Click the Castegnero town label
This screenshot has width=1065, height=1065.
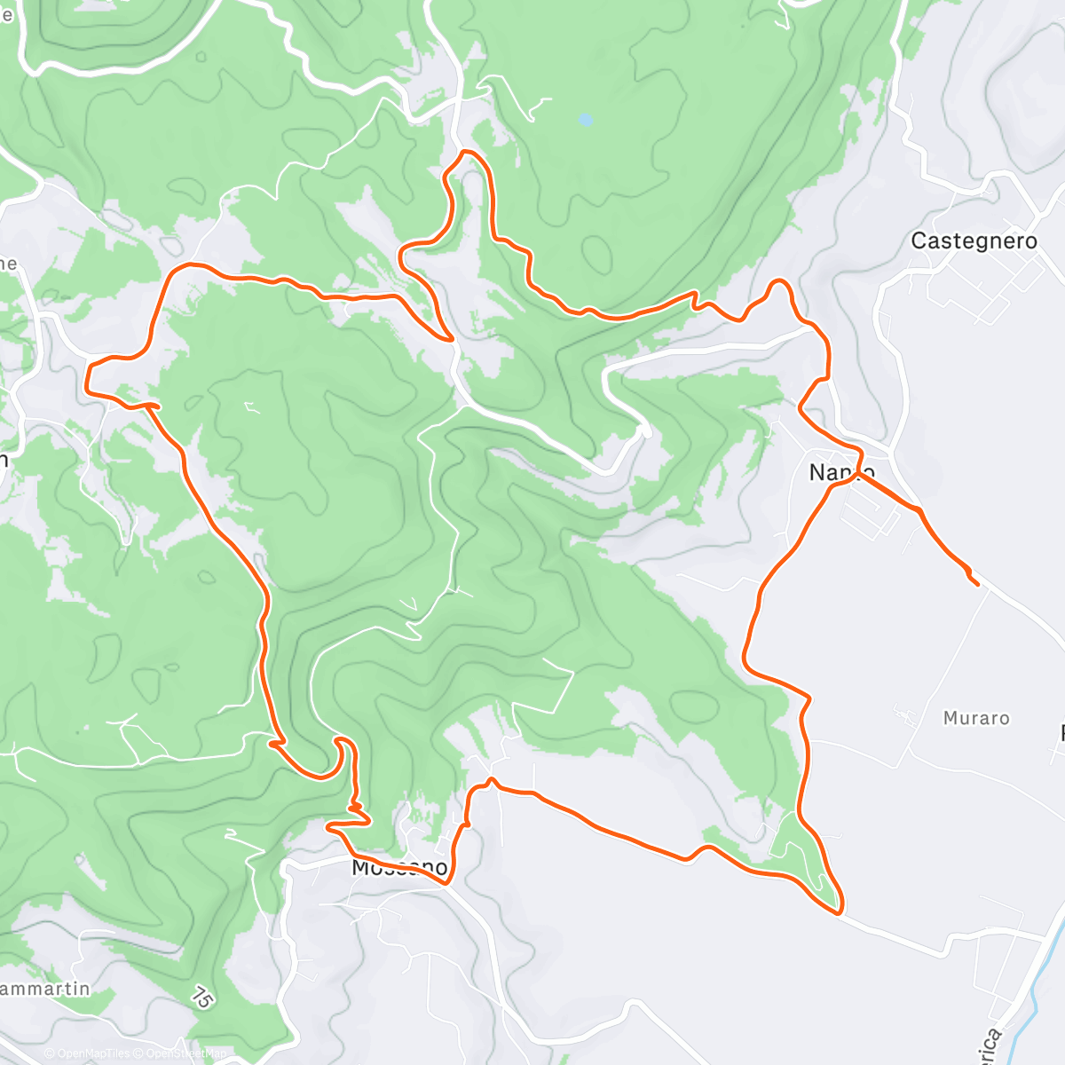click(x=974, y=241)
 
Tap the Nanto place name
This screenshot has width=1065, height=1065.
click(x=842, y=472)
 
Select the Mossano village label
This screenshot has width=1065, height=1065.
click(x=399, y=867)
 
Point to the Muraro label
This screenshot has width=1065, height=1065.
click(x=976, y=718)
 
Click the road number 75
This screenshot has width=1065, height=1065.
click(x=202, y=998)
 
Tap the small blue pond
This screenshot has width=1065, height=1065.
click(x=585, y=119)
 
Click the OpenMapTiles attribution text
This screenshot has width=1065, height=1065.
click(x=88, y=1053)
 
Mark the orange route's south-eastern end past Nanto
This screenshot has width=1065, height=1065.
click(x=977, y=584)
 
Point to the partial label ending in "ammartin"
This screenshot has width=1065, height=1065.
click(x=44, y=989)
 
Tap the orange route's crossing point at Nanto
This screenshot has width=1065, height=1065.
click(x=857, y=476)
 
